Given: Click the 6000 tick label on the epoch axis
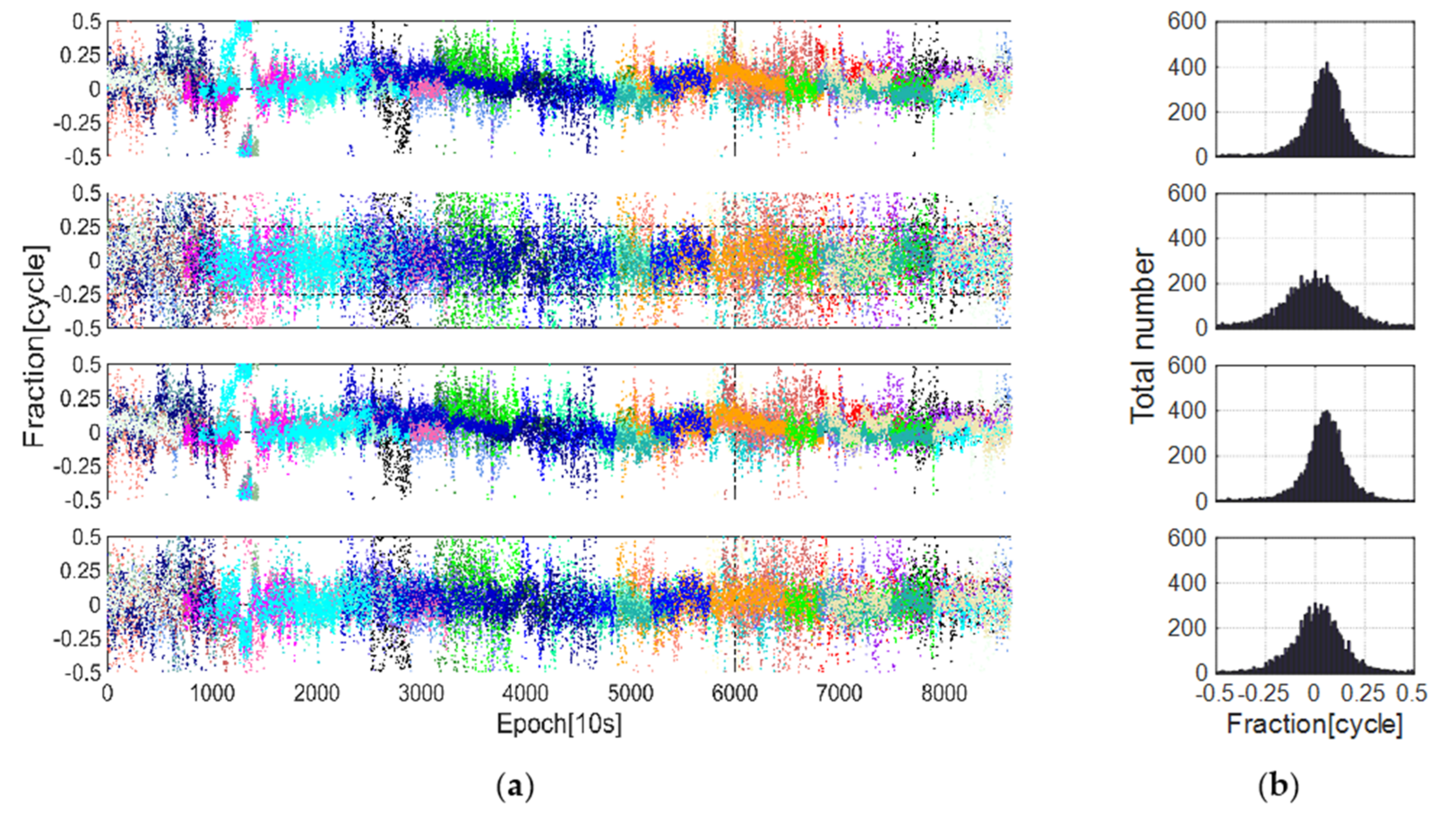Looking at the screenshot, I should [x=734, y=693].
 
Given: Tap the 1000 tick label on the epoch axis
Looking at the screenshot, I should [x=212, y=693].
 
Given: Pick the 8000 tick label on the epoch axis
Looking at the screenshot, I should [x=943, y=693].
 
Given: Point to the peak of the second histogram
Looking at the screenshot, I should [x=1315, y=272].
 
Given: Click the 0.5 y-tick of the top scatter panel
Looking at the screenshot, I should [x=87, y=21].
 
